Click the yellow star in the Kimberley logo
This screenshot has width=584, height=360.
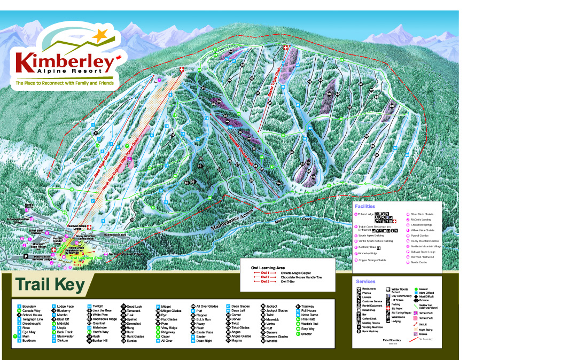click(x=99, y=36)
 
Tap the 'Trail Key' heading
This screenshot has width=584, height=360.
click(x=49, y=285)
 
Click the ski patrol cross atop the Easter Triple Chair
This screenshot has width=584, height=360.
click(x=285, y=48)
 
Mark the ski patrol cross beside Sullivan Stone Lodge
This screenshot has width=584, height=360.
click(x=90, y=226)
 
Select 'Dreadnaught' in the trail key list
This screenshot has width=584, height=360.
click(x=32, y=324)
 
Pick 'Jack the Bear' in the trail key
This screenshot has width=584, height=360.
click(x=102, y=310)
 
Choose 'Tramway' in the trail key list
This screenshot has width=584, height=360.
click(x=308, y=306)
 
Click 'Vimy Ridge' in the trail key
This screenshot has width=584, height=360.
click(x=169, y=327)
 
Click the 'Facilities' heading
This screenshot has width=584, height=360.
click(x=365, y=206)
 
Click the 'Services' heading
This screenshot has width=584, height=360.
click(x=365, y=281)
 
